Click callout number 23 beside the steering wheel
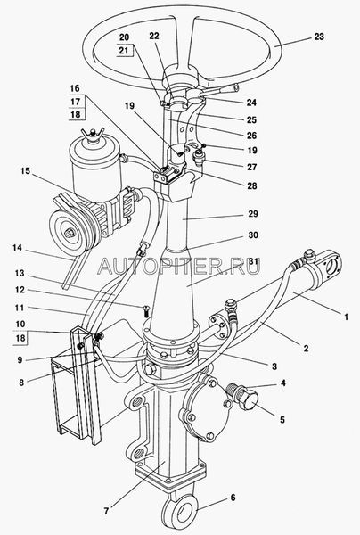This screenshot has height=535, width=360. point(319,37)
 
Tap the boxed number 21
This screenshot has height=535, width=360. point(124,51)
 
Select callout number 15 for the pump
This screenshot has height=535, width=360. point(25,171)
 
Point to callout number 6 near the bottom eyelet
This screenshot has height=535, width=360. point(233,498)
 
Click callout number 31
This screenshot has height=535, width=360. point(252,261)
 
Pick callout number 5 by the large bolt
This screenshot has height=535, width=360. point(282,419)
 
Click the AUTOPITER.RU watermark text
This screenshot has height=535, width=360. point(178,266)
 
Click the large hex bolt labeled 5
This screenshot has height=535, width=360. point(246,399)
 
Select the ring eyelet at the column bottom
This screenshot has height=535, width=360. point(180,512)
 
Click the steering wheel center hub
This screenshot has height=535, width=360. point(180,77)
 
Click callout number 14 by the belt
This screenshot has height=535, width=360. point(17,247)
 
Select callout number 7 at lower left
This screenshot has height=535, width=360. point(106,511)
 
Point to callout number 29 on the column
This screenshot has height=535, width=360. point(253,214)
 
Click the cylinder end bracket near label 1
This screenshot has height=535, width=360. point(329,266)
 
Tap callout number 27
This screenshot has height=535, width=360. point(252,168)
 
